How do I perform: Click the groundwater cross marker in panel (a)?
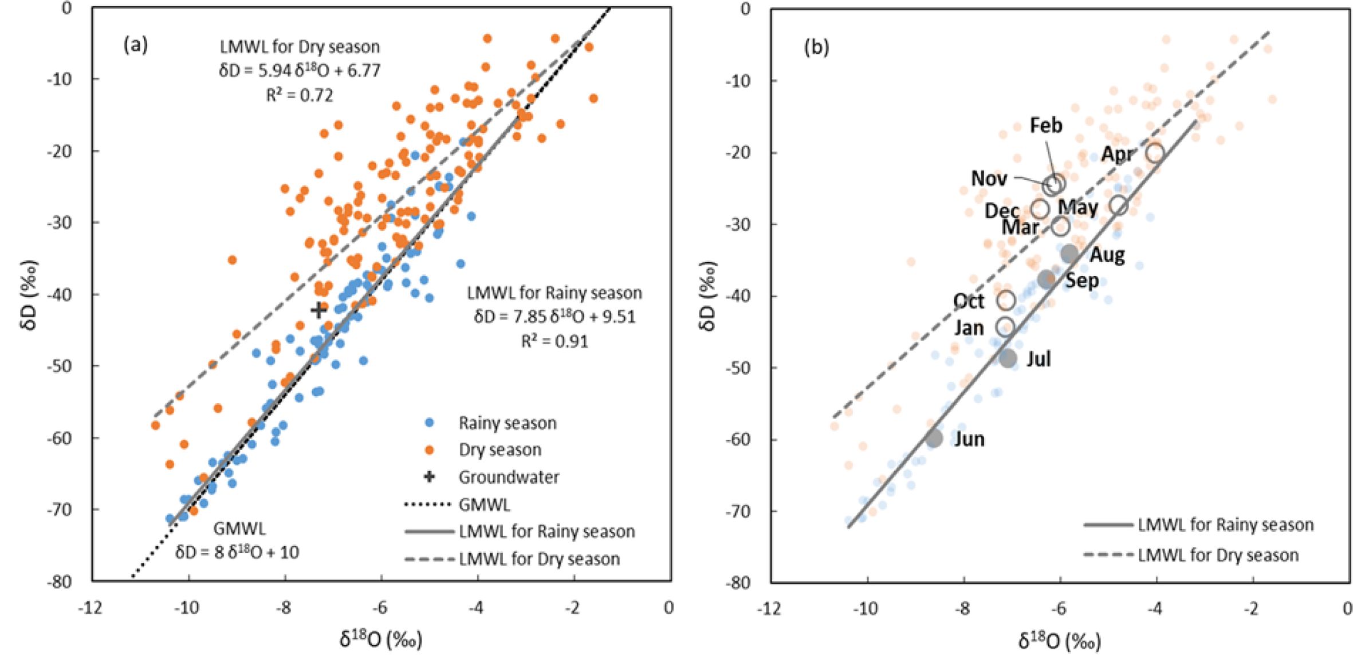318,310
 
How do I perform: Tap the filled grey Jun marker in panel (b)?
934,439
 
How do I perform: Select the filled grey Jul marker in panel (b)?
1008,359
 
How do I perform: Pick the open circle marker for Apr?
1155,153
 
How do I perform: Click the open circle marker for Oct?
1006,300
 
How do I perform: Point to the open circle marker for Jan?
1005,327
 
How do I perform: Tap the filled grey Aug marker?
1069,253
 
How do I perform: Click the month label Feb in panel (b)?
1045,125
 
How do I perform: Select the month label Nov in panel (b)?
989,179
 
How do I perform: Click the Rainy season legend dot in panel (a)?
429,423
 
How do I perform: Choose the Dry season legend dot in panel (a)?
429,450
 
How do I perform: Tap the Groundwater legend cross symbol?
429,477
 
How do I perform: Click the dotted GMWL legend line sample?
428,504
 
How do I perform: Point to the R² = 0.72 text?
300,95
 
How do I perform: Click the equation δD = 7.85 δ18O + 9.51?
554,317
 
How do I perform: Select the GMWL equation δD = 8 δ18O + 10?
237,553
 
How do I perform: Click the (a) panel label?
136,45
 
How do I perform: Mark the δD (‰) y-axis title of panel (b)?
708,297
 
